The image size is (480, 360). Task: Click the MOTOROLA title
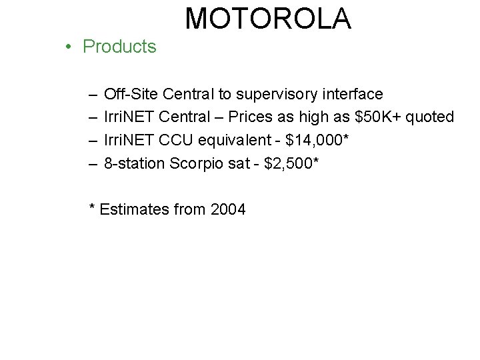268,19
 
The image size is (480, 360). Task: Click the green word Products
119,47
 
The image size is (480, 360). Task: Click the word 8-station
135,163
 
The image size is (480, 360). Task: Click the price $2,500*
292,163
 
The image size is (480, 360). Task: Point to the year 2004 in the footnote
228,209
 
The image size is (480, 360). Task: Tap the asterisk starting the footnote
93,207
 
